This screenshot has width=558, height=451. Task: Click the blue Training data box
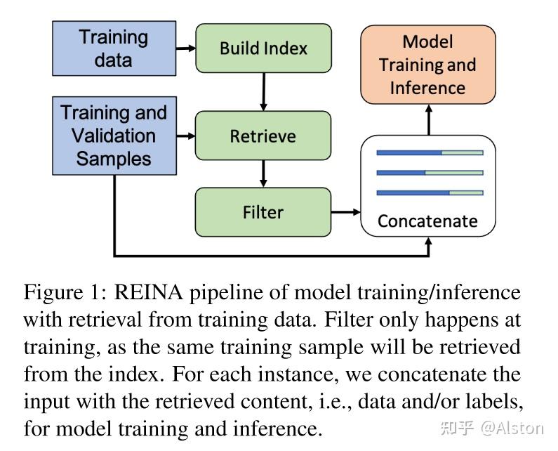[x=114, y=48]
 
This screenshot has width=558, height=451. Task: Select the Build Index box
[x=263, y=48]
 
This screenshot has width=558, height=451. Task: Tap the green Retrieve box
[x=263, y=136]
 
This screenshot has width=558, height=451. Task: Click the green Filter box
[x=263, y=211]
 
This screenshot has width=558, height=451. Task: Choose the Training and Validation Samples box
[x=114, y=136]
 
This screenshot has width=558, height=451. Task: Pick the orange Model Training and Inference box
[x=427, y=65]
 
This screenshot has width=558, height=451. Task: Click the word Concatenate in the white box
[x=427, y=221]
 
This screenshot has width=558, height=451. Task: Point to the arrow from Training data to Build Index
[x=185, y=48]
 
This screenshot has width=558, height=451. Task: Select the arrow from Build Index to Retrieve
[x=263, y=91]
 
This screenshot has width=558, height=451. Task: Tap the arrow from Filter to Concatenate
[x=345, y=211]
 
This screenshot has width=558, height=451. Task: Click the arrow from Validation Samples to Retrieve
[x=185, y=136]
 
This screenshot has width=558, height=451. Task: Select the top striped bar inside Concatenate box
[x=430, y=152]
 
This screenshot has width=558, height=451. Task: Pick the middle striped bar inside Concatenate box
[x=430, y=172]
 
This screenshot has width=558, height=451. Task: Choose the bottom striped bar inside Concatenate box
[x=430, y=192]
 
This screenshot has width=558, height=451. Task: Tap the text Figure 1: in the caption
[x=62, y=292]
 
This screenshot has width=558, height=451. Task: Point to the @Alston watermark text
[x=512, y=427]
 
